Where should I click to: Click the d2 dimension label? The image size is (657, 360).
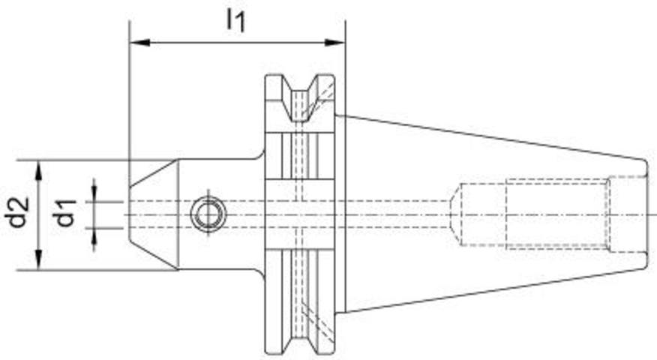click(x=19, y=212)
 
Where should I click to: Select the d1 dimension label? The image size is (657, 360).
click(x=66, y=213)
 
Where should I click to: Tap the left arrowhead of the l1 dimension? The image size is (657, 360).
click(x=140, y=42)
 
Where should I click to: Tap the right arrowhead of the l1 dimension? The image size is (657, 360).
click(x=334, y=42)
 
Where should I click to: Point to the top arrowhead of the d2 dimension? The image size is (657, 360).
click(x=38, y=170)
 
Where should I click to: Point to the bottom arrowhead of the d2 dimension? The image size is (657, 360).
click(x=38, y=259)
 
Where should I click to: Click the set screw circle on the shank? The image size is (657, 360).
click(x=208, y=214)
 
